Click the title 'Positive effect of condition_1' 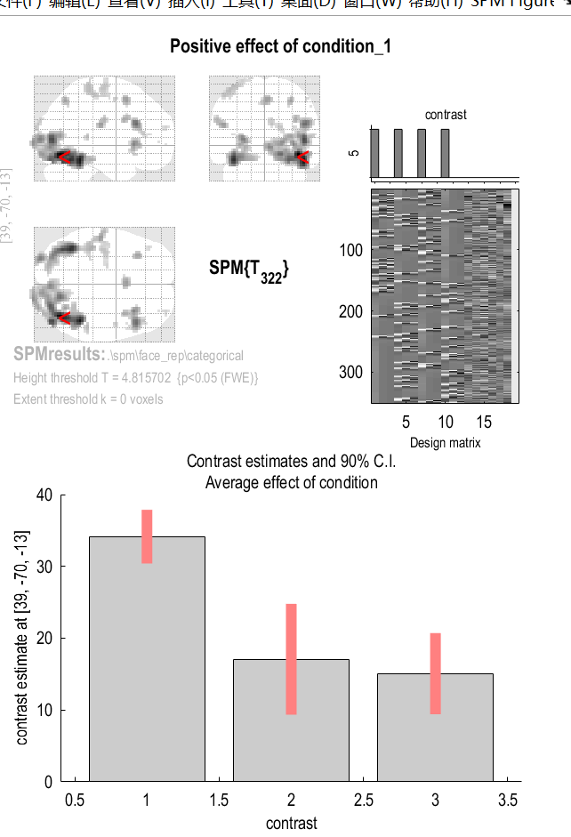click(280, 46)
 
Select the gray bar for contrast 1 click(147, 658)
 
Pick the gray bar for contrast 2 click(291, 720)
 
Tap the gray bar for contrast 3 click(435, 727)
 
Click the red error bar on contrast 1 click(147, 536)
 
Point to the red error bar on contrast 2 click(291, 658)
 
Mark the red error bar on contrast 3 click(435, 672)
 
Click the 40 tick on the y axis click(44, 495)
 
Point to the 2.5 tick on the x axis click(363, 801)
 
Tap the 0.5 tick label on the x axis click(74, 801)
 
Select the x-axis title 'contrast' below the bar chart click(291, 823)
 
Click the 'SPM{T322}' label click(249, 270)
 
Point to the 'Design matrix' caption click(445, 443)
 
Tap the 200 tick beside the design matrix click(351, 311)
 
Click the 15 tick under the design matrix click(483, 422)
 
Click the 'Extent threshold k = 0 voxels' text click(88, 399)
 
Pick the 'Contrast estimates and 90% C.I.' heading click(291, 461)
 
